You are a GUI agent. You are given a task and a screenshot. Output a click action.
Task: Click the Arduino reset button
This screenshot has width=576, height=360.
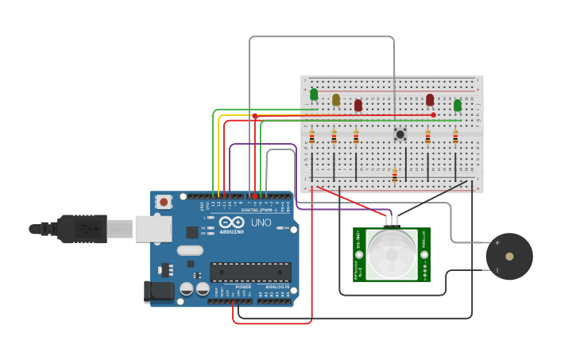[164, 203]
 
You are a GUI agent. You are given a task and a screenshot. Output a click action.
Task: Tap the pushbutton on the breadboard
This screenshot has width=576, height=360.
[400, 134]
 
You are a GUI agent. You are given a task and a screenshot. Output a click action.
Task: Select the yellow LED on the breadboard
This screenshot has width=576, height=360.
[336, 99]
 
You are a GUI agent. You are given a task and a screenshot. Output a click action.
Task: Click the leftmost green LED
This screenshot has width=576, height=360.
[314, 95]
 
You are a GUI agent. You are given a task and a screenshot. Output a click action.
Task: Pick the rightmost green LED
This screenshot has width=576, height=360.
[458, 105]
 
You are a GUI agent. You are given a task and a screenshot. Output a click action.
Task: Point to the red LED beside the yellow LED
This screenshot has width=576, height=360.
[358, 105]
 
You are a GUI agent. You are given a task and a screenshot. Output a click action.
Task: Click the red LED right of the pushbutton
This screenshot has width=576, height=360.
[430, 99]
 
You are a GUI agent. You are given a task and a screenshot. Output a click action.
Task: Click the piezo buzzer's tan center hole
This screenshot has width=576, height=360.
[509, 257]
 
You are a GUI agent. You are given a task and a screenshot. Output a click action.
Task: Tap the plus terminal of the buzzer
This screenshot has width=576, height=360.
[497, 243]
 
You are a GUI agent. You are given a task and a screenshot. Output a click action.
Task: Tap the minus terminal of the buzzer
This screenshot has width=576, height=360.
[497, 270]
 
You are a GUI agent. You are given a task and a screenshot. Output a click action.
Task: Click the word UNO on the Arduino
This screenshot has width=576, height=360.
[261, 223]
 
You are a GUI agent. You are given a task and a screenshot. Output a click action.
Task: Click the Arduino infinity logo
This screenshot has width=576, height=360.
[232, 223]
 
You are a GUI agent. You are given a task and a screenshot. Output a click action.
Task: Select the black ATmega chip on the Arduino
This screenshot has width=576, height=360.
[250, 271]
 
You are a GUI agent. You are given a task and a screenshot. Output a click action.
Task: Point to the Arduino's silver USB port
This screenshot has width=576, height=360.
[153, 229]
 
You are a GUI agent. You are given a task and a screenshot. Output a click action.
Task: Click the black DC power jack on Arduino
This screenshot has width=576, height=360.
[158, 292]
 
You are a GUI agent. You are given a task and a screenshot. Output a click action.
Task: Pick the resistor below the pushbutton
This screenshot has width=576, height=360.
[395, 176]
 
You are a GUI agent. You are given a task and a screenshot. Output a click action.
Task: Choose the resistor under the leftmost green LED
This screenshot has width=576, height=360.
[312, 137]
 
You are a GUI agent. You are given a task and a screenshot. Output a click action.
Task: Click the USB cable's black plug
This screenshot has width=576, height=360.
[79, 229]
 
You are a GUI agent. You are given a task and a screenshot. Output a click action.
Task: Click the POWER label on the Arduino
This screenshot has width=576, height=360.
[243, 287]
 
